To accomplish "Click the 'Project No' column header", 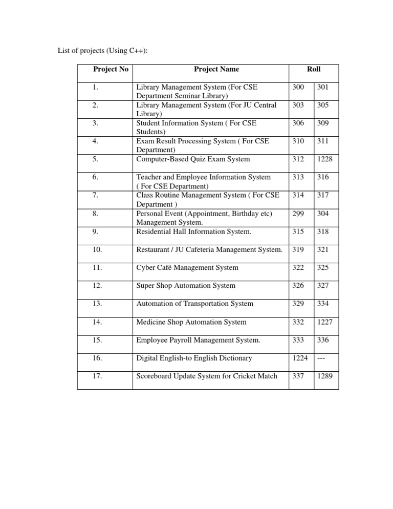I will click(x=111, y=69).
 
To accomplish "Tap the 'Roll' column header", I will click(x=314, y=69).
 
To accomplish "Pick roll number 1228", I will click(x=325, y=159).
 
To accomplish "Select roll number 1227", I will click(x=325, y=322).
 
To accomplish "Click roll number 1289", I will click(x=325, y=376).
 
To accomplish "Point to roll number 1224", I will click(x=299, y=358).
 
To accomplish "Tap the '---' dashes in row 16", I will click(x=322, y=358).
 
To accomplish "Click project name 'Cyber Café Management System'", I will click(x=187, y=267).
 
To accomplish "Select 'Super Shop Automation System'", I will click(x=186, y=286).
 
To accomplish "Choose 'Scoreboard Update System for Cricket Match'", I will click(x=207, y=376).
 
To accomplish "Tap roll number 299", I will click(x=297, y=214).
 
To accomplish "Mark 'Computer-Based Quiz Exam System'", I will click(x=193, y=159).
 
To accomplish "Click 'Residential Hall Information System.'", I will click(x=193, y=231).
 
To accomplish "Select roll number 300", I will click(x=297, y=87).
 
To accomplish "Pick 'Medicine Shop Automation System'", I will click(x=191, y=322).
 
